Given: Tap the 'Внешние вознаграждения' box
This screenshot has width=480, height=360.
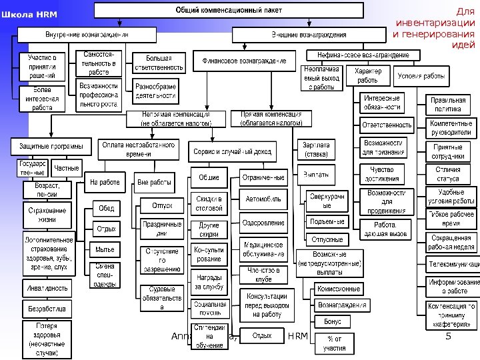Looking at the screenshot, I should point(308,34).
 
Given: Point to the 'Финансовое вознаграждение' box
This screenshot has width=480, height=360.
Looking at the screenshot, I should point(244,61).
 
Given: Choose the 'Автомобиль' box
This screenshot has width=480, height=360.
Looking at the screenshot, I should point(263,199).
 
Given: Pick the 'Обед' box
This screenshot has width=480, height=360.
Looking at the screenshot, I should point(106,208).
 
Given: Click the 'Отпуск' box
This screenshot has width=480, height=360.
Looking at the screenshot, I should point(162,205).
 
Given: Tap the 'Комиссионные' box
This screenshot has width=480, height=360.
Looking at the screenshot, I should point(339,289).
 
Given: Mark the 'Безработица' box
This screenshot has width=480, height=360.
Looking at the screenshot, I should point(47,309).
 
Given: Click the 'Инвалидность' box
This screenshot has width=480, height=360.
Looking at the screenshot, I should point(47,288).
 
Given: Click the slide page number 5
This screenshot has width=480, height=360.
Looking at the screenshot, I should point(448,336).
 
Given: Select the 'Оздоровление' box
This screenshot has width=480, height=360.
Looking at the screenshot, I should point(263,223).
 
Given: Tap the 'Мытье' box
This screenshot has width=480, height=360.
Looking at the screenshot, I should point(105,249).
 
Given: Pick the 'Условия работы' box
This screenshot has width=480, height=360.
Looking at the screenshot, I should point(420,75).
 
